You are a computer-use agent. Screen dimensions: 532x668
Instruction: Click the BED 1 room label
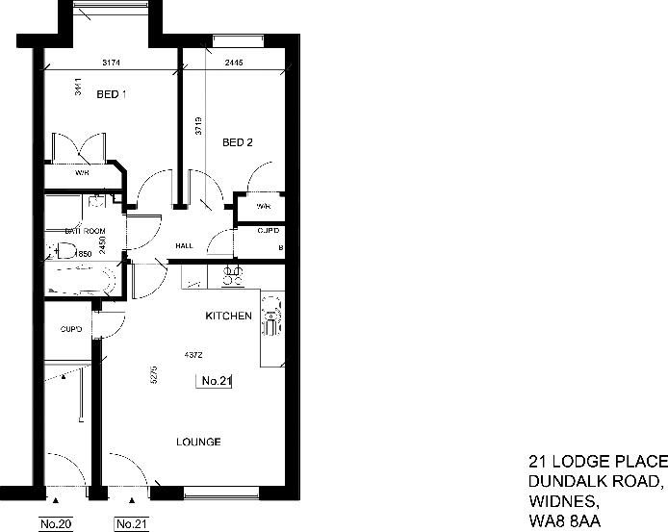pos(113,94)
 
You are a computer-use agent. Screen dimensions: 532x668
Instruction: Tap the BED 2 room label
pos(237,143)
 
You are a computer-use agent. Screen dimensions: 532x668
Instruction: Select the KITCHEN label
pos(229,316)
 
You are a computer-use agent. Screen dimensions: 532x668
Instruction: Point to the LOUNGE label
pos(198,443)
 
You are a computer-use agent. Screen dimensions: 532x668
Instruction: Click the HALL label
pos(184,246)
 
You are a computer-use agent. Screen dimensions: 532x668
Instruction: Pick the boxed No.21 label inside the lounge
pos(216,381)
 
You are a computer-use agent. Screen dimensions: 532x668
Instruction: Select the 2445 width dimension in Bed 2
pos(234,63)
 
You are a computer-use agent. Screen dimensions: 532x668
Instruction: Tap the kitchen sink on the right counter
pos(271,315)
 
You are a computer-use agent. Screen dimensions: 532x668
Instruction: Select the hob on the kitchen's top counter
pos(232,277)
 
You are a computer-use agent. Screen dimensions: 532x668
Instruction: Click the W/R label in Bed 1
pos(83,174)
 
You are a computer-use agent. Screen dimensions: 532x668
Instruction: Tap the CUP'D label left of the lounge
pos(71,329)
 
